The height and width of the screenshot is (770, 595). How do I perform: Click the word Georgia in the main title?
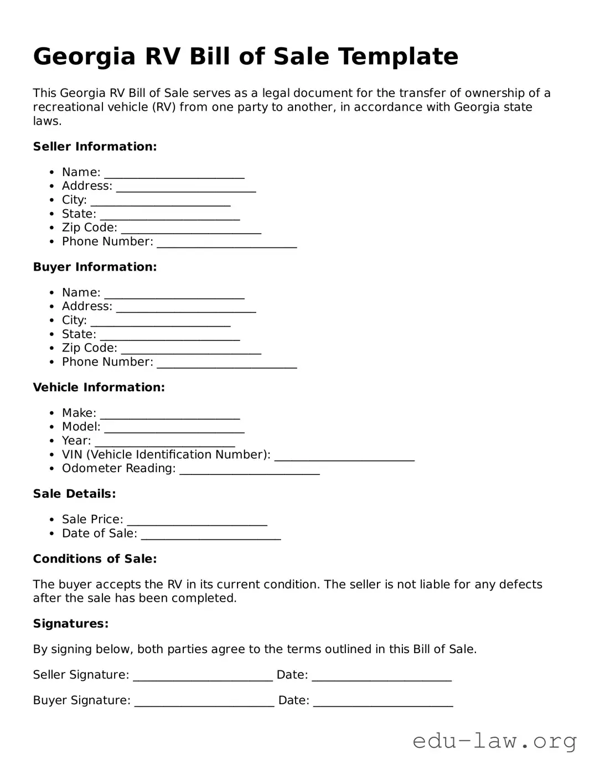pos(84,57)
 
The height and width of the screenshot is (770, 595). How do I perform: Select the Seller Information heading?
pos(95,147)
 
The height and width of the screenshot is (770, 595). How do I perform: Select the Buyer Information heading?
pos(95,267)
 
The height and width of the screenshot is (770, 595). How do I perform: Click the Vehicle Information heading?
pos(99,387)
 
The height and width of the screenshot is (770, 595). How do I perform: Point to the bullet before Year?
pos(51,441)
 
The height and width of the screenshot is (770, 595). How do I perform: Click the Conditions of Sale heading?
pos(95,559)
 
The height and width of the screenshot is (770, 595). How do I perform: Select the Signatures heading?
pos(70,624)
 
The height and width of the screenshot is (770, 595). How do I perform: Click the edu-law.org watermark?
pos(494,741)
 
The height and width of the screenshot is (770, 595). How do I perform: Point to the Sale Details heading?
pos(74,494)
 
